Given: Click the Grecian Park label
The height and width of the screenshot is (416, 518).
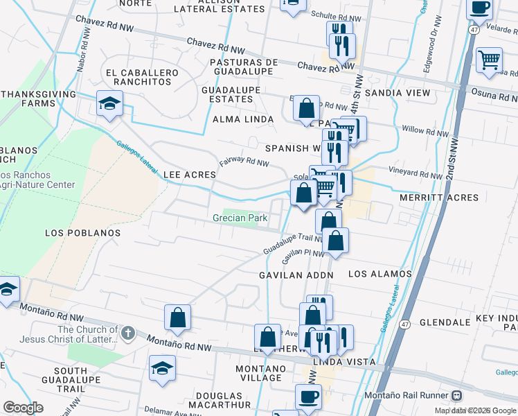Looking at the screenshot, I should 240,218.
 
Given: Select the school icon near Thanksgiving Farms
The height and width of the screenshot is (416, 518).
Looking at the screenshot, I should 109,104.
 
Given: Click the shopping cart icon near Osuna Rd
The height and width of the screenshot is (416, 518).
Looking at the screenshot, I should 489,60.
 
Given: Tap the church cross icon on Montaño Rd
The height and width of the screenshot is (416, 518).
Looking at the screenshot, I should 127,334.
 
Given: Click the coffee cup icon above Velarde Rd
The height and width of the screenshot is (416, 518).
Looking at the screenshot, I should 479,8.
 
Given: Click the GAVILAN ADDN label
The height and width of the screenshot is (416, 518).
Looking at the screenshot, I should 296,275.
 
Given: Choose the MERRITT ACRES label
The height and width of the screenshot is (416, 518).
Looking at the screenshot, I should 439,198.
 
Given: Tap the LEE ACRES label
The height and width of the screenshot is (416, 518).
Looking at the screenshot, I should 189,175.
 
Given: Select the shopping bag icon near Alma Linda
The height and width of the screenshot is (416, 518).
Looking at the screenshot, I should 305,108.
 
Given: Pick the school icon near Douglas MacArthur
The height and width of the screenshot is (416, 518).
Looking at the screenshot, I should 162,368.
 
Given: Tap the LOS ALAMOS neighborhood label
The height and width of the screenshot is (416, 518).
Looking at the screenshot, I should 379,274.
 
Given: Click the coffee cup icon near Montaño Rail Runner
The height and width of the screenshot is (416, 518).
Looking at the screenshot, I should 308,397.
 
